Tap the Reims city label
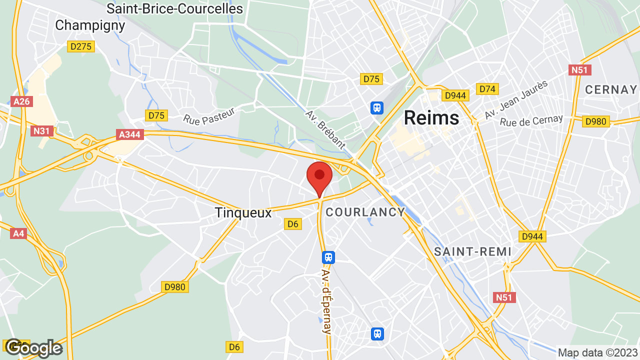point(431,117)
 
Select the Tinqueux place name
point(243,212)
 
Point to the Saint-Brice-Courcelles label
point(174,8)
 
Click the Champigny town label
point(89,25)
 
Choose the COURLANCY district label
point(365,212)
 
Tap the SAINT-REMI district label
point(472,251)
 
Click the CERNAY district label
point(611,89)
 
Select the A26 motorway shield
point(21,101)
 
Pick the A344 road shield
point(130,134)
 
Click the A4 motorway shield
point(18,233)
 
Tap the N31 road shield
point(42,131)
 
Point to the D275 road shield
point(80,46)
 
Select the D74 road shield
point(487,89)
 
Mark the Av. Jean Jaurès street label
point(516,99)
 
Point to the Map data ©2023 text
point(597,352)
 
